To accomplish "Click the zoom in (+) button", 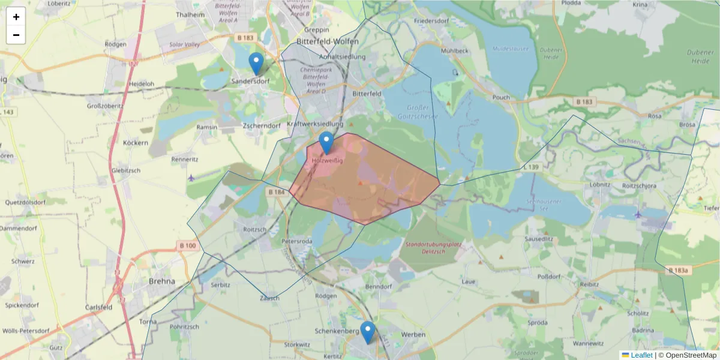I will click(16, 17).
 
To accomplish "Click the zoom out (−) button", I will click(16, 35).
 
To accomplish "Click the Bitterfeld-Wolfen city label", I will click(328, 41).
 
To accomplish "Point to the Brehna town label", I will click(162, 281).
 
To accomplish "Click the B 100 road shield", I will click(187, 245).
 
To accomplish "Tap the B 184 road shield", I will click(277, 192).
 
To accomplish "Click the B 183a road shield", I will click(679, 271).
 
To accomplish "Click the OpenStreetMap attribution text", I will click(687, 355).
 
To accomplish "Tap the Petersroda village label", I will click(297, 241).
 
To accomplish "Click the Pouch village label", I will click(500, 97).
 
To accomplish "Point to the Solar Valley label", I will click(184, 45).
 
